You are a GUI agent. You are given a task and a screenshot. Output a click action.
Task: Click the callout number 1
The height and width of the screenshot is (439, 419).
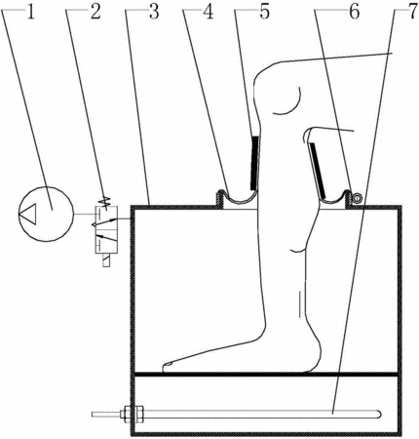30,13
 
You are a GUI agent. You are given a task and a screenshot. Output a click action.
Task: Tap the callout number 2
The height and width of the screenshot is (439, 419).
95,13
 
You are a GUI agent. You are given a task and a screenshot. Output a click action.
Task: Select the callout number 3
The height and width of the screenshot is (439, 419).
154,13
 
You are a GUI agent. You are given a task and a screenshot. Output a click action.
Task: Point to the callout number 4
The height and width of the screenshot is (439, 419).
208,13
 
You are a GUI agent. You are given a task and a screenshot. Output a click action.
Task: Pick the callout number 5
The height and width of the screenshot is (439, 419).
264,13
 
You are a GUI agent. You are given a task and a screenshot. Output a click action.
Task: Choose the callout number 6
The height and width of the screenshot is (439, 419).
354,13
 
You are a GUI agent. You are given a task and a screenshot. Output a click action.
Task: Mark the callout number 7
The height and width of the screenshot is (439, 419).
411,13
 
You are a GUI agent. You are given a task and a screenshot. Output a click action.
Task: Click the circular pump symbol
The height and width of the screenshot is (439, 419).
46,214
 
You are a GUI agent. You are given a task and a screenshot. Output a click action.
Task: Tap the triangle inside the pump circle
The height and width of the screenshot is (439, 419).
27,214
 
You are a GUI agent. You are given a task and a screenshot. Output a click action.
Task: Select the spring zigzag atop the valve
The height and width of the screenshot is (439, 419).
105,202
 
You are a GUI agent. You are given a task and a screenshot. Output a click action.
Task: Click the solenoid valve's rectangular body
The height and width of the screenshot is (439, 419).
106,229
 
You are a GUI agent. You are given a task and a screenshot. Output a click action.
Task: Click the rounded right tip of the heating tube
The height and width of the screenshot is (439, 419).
379,414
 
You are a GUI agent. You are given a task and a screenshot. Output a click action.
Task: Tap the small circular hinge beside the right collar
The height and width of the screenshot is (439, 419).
357,197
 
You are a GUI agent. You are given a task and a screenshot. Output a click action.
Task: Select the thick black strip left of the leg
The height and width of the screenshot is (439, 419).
254,163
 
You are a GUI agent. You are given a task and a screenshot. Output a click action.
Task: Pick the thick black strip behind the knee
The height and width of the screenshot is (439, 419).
318,171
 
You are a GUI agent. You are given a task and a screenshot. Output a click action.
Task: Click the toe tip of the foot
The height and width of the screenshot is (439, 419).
165,367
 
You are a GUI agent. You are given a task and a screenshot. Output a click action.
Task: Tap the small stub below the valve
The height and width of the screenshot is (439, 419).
106,260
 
